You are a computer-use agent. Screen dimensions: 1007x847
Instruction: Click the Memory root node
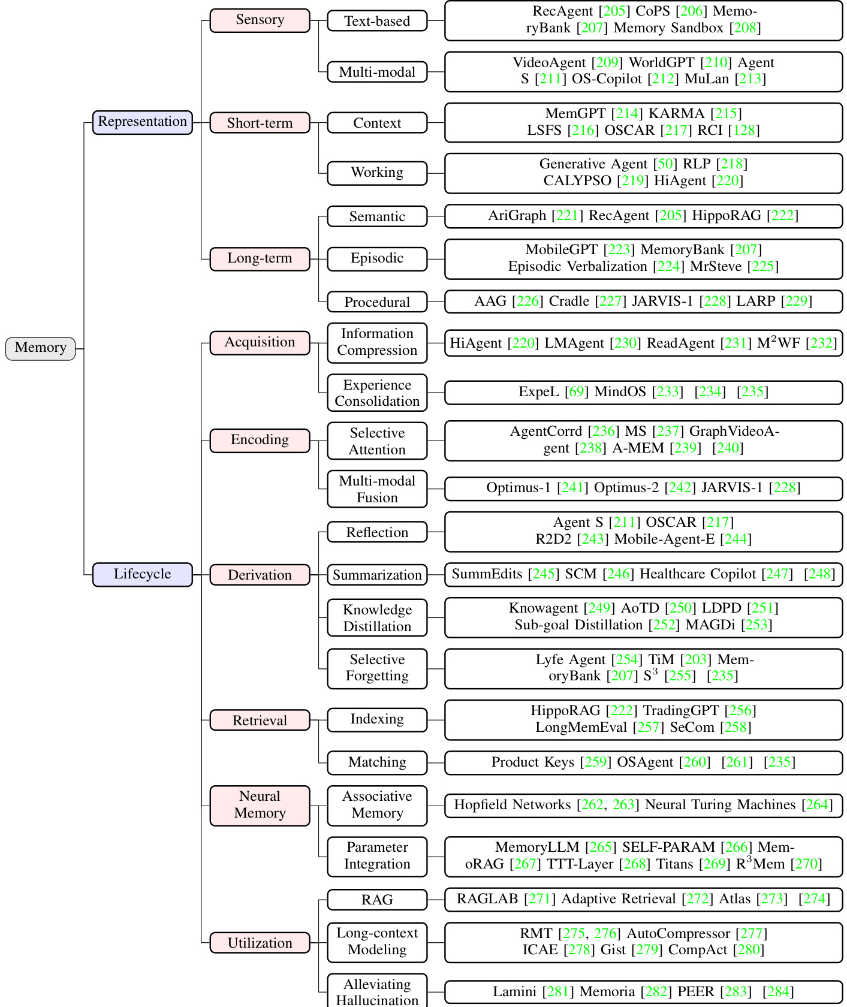pos(40,348)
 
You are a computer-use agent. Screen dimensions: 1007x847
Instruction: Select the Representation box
pos(142,122)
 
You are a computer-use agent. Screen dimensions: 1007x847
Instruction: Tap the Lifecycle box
pos(142,574)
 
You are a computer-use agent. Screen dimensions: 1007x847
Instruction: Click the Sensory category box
pos(260,20)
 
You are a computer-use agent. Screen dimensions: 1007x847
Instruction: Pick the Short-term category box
pos(260,123)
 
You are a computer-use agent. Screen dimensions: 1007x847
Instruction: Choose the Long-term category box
pos(260,258)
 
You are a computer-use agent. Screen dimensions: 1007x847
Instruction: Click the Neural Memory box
pos(260,805)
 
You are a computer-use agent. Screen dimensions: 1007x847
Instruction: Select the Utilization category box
pos(260,943)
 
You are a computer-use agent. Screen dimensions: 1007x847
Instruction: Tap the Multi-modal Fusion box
pos(377,489)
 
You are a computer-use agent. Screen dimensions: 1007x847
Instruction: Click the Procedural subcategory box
pos(377,302)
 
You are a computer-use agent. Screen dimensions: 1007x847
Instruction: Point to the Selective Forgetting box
pos(377,668)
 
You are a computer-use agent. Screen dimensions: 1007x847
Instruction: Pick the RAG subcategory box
pos(377,900)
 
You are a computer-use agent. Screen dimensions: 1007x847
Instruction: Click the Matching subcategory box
pos(377,762)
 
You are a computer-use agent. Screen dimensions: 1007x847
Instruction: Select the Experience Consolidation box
pos(377,393)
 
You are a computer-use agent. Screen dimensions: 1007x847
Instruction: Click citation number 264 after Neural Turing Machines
pos(817,805)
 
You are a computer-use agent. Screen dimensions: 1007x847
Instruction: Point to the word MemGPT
pos(575,114)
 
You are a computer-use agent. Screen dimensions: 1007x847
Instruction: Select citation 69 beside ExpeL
pos(577,392)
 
